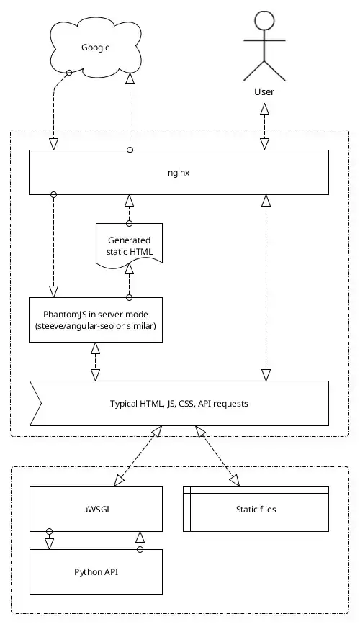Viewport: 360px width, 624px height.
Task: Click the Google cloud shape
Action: point(96,48)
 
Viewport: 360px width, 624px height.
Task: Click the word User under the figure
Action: point(264,91)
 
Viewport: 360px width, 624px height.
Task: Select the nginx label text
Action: point(179,173)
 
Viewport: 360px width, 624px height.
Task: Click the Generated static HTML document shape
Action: point(130,245)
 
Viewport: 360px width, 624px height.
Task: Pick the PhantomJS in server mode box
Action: point(95,319)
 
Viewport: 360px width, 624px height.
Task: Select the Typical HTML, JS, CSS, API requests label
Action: point(179,404)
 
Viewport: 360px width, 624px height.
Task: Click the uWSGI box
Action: point(95,509)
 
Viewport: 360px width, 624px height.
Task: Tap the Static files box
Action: point(256,509)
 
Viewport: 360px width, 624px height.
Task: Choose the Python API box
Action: point(95,572)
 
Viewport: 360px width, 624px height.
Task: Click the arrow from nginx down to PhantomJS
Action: point(53,245)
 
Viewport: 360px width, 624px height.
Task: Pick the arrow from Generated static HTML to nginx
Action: point(130,209)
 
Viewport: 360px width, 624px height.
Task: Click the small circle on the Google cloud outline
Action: point(69,73)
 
